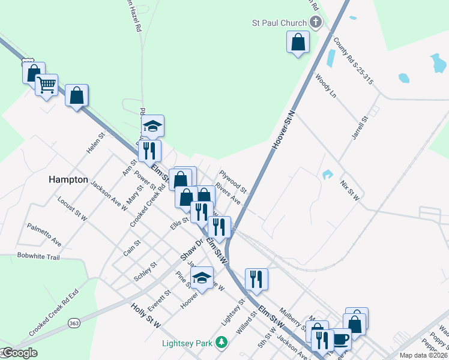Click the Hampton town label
[68, 179]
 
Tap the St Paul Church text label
[279, 23]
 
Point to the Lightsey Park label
[187, 343]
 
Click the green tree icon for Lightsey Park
[222, 343]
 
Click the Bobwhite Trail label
[39, 257]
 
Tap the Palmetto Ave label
[44, 234]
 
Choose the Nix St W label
[349, 190]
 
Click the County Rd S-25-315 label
[353, 60]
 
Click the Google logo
[19, 353]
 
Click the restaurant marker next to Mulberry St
[256, 279]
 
